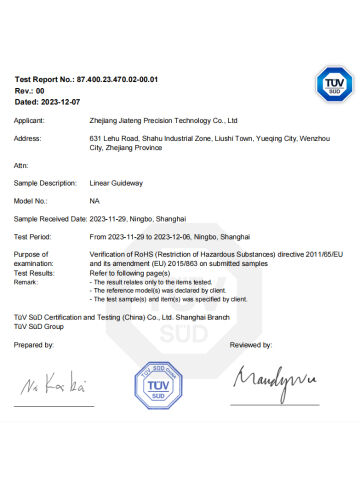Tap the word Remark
(x=27, y=281)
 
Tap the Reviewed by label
(x=251, y=344)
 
